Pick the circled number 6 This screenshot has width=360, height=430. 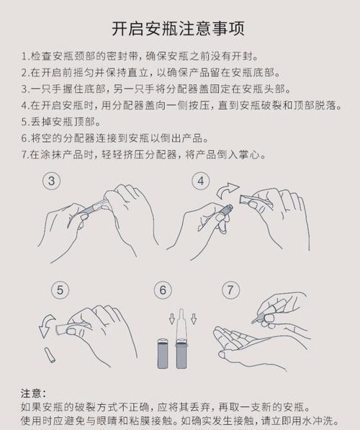(x=164, y=290)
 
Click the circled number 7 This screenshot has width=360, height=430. (x=230, y=290)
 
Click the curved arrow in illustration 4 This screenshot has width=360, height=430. (x=229, y=192)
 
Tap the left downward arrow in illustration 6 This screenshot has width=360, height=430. (x=152, y=318)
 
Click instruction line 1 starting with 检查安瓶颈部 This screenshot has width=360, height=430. (x=140, y=55)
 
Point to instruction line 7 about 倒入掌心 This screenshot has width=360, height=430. (x=144, y=155)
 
